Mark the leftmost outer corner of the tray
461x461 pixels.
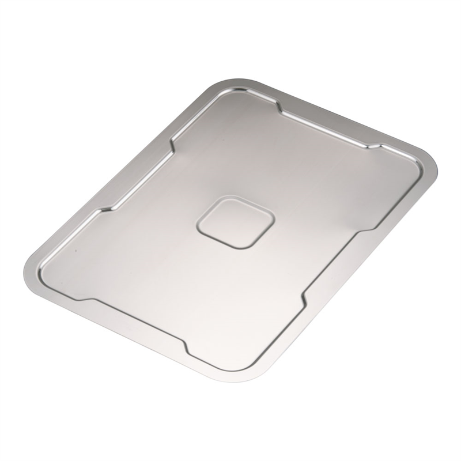(26, 271)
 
